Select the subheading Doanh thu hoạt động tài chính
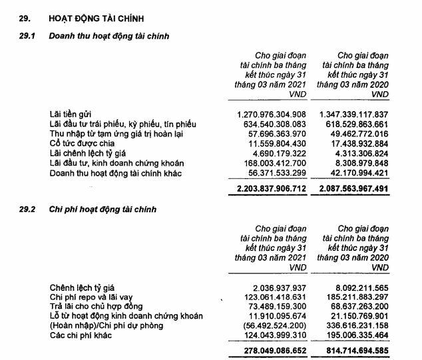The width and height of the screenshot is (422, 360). tap(105, 35)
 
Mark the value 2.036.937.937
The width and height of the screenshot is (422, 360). tap(280, 287)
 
